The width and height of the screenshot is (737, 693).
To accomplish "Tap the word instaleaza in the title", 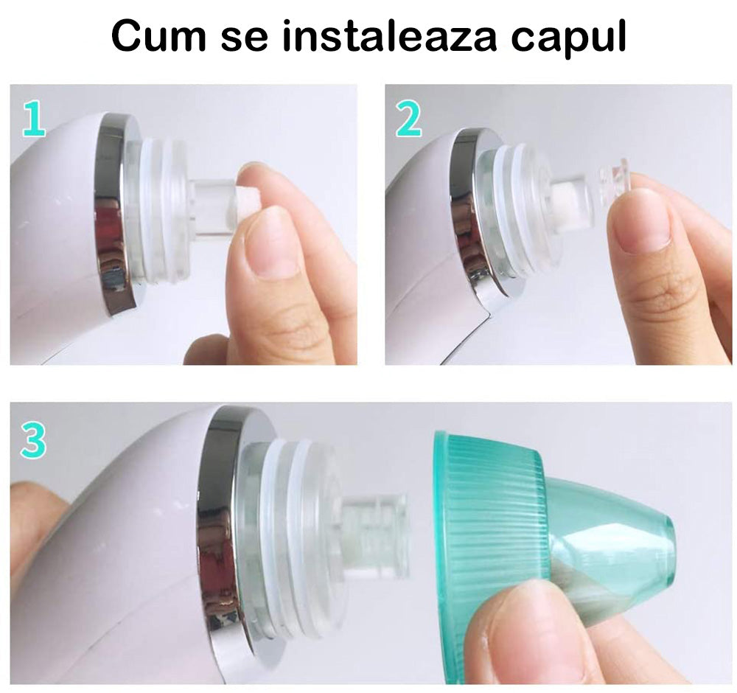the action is tap(389, 35).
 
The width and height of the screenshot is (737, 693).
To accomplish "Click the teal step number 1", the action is tap(35, 119).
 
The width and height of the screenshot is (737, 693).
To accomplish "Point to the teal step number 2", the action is tap(409, 119).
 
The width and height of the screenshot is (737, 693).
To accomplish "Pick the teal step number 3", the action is tap(33, 441).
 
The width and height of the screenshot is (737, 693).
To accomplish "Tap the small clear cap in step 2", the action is tap(615, 184).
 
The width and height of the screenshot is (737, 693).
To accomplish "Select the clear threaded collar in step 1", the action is tap(160, 212).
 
